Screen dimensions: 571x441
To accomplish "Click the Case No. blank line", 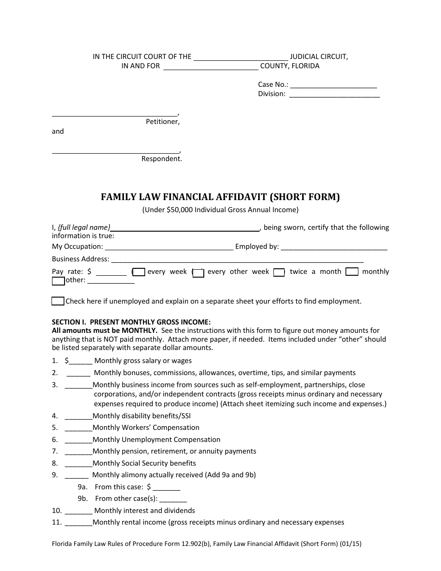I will coord(333,85).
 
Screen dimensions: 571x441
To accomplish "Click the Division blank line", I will coord(334,95).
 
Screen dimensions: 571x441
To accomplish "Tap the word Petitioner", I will coord(162,122).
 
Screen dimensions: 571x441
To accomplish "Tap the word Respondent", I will coord(162,159).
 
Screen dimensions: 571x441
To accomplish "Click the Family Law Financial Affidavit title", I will coord(220,197).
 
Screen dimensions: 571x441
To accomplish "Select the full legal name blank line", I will coord(186,228).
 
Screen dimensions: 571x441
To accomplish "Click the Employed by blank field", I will coord(334,247).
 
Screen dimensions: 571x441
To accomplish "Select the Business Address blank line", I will coord(237,260).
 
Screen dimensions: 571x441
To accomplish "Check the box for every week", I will coord(139,273).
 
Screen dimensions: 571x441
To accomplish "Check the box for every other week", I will coord(199,273).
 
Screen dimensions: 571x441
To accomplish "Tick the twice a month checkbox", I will coord(279,273).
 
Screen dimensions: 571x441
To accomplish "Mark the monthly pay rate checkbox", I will coord(352,272).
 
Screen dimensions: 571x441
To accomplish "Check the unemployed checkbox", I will coord(58,301).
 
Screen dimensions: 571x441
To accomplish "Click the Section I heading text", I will coord(131,322).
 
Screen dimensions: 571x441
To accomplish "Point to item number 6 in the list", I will coord(55,440).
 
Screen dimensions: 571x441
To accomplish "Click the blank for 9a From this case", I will coord(166,488).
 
